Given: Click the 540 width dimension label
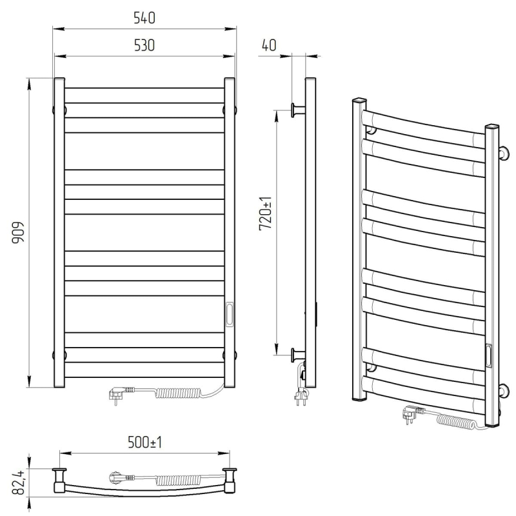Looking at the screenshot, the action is pyautogui.click(x=144, y=18).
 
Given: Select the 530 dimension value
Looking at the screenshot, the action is pyautogui.click(x=144, y=45).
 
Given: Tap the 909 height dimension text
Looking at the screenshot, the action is pyautogui.click(x=18, y=232).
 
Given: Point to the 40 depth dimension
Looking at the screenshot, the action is pyautogui.click(x=269, y=45).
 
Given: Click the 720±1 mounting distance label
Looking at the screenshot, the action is pyautogui.click(x=266, y=213).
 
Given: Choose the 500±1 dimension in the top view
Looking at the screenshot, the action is pyautogui.click(x=144, y=442).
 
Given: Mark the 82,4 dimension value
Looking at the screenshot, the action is pyautogui.click(x=18, y=482).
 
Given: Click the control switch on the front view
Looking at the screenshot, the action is pyautogui.click(x=230, y=314).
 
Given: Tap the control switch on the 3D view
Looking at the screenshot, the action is pyautogui.click(x=489, y=355).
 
